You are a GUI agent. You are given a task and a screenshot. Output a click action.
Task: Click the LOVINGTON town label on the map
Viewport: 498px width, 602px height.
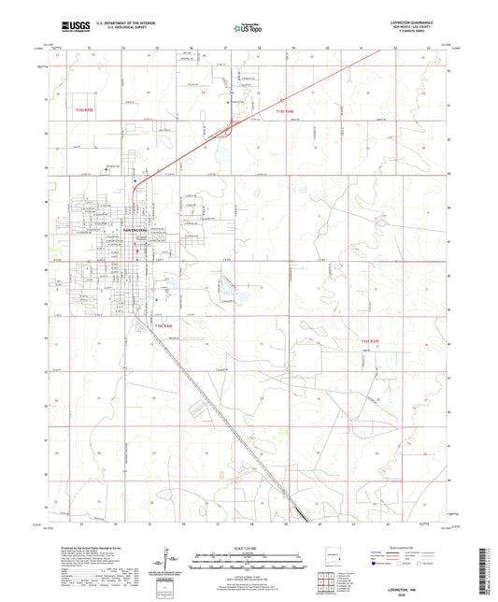click(135, 227)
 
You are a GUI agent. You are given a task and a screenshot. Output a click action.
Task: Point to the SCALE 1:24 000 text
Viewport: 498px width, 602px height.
click(248, 547)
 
